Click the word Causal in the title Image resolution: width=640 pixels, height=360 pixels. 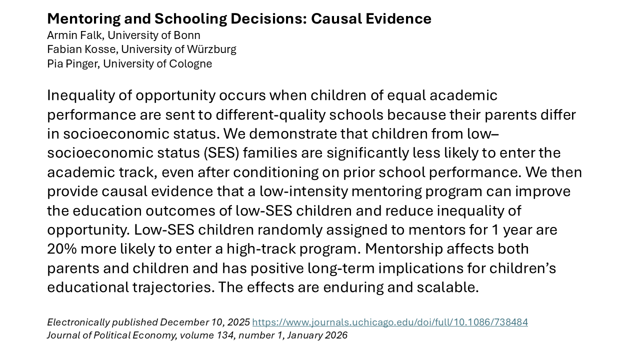click(x=333, y=19)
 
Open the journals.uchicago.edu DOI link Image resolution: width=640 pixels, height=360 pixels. click(x=390, y=322)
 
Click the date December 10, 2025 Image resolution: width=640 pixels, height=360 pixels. click(x=205, y=322)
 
